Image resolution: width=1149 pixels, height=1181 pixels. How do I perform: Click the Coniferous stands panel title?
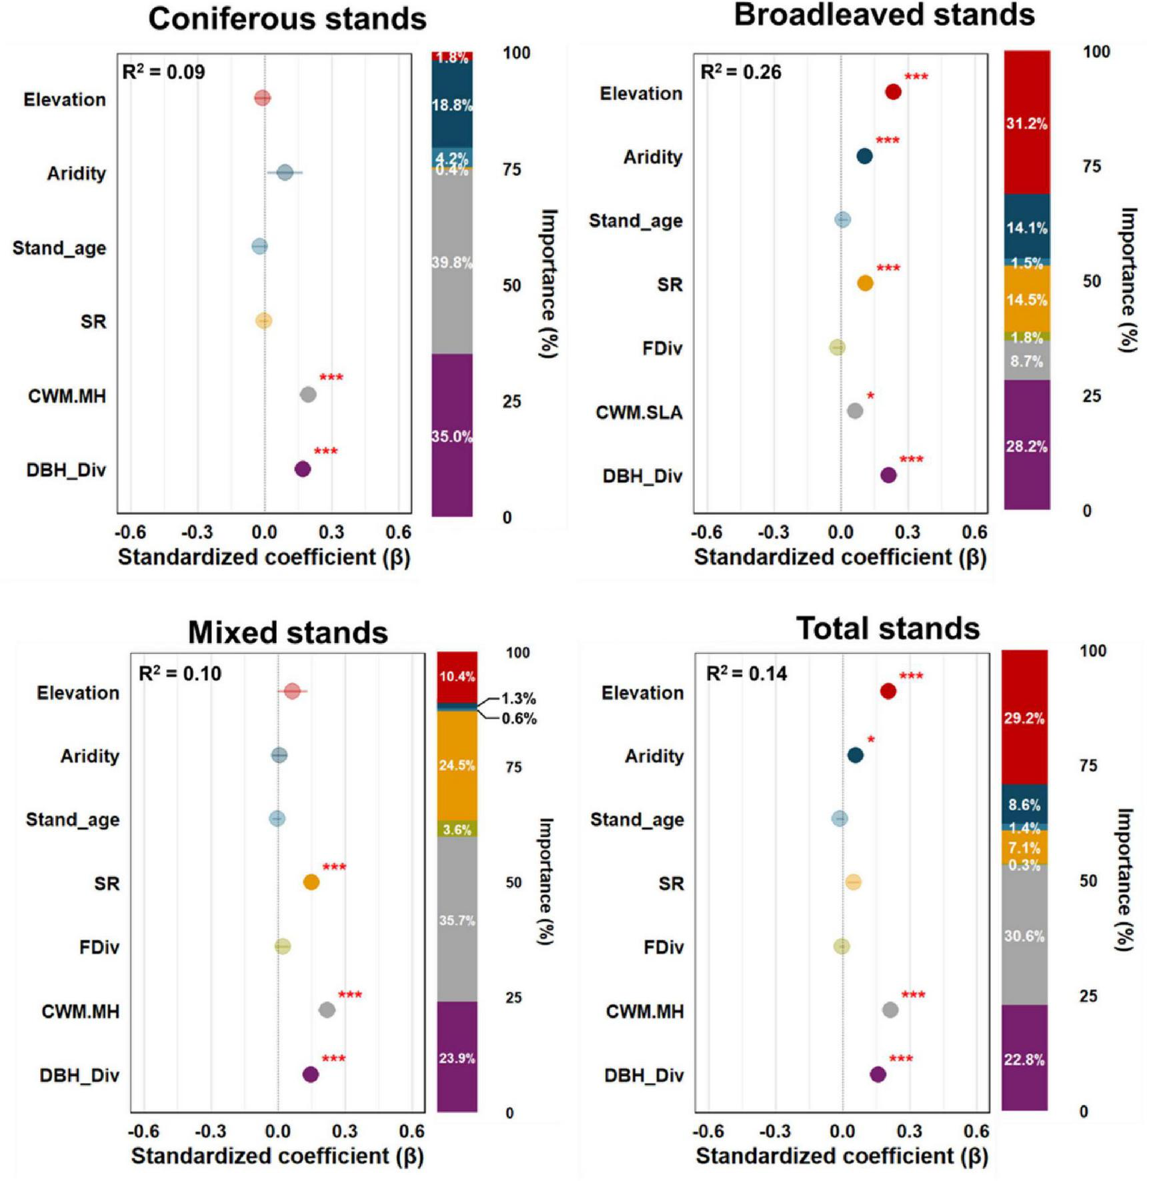point(287,19)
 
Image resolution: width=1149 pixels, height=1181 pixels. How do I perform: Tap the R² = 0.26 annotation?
point(740,72)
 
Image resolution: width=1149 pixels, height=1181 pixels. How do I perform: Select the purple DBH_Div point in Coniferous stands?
point(303,469)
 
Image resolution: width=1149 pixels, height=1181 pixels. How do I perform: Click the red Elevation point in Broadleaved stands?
point(894,92)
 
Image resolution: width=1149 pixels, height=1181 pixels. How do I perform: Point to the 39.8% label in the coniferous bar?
point(452,263)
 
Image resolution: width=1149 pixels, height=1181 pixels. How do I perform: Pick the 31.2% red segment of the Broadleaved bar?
point(1026,123)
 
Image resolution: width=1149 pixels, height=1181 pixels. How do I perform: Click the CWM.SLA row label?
point(639,413)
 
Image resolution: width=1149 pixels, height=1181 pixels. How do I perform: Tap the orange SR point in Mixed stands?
point(311,882)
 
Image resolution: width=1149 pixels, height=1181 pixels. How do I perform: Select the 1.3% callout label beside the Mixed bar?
point(518,698)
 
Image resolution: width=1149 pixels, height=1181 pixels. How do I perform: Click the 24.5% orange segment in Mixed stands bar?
point(457,766)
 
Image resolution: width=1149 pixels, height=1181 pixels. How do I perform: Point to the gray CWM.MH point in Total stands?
point(890,1010)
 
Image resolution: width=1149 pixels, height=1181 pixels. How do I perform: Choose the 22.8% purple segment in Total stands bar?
point(1024,1060)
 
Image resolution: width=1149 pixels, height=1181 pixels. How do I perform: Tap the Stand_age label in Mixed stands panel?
point(73,819)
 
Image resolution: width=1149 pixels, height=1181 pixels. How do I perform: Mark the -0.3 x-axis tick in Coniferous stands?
point(197,533)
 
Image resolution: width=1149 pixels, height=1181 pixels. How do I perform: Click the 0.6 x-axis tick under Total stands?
point(976,1131)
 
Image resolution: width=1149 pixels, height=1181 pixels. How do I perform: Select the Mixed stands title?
point(287,632)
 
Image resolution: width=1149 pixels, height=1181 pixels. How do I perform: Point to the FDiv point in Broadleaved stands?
point(838,347)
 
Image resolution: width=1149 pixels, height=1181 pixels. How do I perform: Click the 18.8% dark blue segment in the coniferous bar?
point(452,105)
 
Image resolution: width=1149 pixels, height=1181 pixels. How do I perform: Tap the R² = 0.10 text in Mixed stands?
point(179,674)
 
